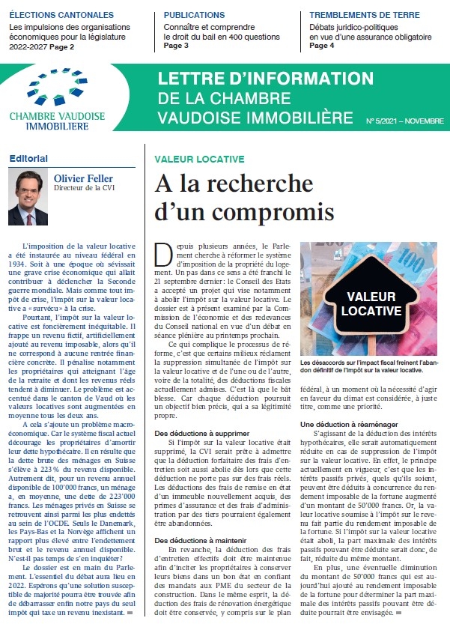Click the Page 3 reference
click(x=176, y=45)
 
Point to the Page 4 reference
click(x=322, y=45)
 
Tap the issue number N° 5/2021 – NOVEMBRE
click(x=404, y=121)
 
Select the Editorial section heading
click(x=28, y=158)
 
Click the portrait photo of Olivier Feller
click(x=28, y=198)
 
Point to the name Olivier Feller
click(x=85, y=178)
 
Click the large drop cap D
click(x=161, y=255)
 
